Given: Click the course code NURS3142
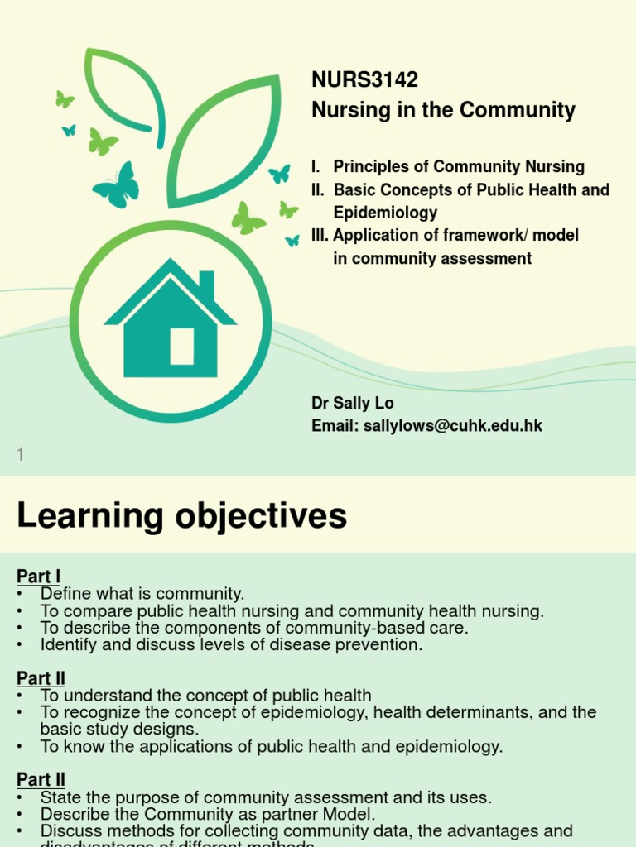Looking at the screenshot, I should pyautogui.click(x=364, y=80).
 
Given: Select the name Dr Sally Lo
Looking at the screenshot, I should pyautogui.click(x=353, y=403).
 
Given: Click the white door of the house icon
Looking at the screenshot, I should pyautogui.click(x=182, y=346).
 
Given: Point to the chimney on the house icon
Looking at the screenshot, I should pyautogui.click(x=206, y=285).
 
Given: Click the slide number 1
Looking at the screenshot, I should pyautogui.click(x=21, y=454).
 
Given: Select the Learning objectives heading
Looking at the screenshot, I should pyautogui.click(x=181, y=516).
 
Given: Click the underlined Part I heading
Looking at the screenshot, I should pyautogui.click(x=38, y=577).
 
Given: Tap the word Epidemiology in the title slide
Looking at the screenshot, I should pyautogui.click(x=385, y=213).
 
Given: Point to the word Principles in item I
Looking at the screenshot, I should pyautogui.click(x=369, y=166).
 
